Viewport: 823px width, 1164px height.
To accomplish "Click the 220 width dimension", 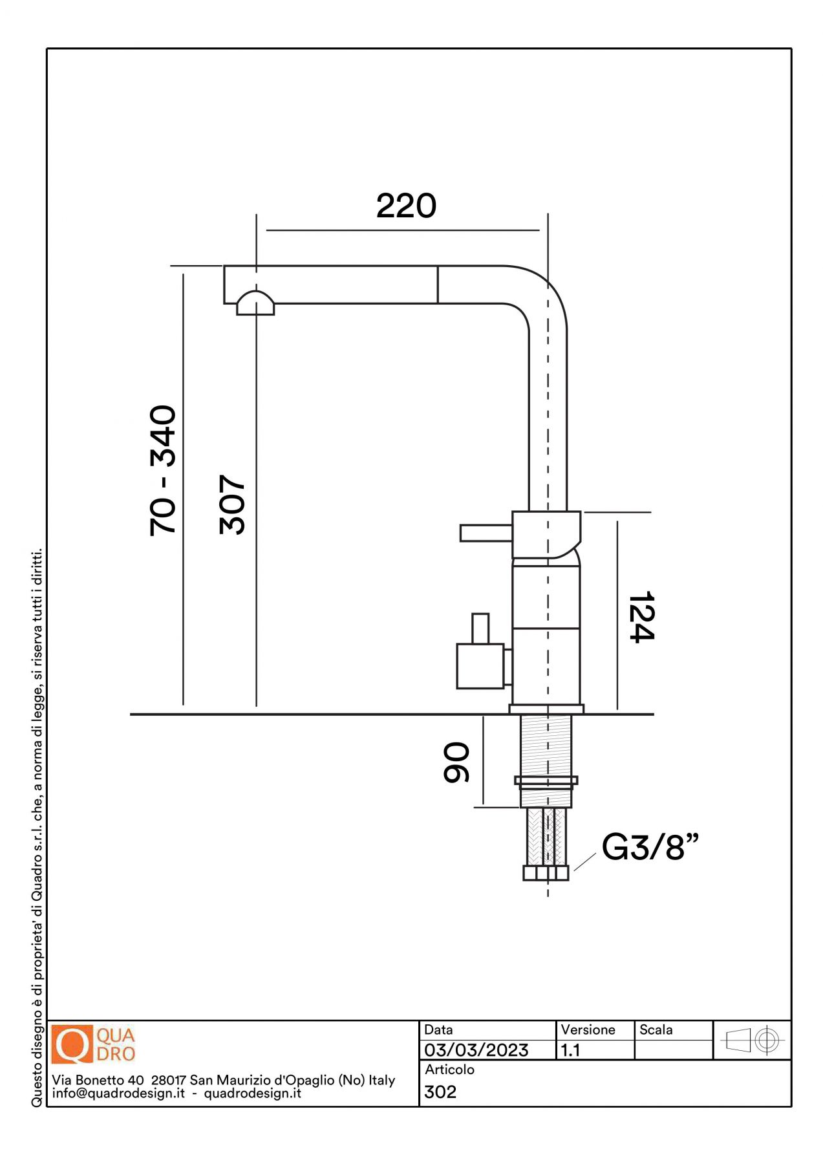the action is tap(406, 206).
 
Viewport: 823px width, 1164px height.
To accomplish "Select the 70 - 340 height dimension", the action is tap(163, 470).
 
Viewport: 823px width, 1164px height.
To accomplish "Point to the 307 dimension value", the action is tap(233, 504).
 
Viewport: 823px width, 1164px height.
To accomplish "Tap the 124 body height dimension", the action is tap(642, 616).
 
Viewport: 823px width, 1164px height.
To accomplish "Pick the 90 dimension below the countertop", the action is tap(456, 762).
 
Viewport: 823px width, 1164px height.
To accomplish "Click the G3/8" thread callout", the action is tap(650, 846).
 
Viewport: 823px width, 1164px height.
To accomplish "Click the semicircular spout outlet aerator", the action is tap(255, 303).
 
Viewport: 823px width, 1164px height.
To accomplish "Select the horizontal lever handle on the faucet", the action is tap(486, 533).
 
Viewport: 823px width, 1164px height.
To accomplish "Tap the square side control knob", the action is tap(480, 665).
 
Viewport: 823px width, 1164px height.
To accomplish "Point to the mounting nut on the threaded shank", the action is tap(546, 781).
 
